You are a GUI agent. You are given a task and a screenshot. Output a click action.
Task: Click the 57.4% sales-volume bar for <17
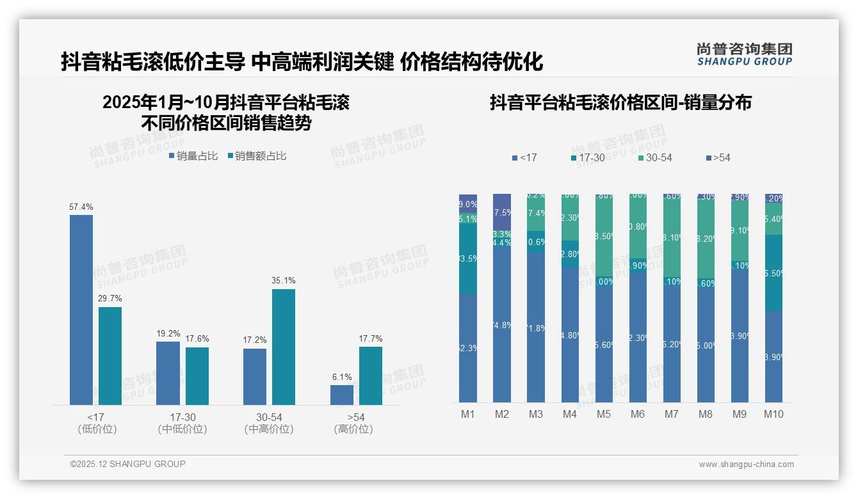pyautogui.click(x=81, y=310)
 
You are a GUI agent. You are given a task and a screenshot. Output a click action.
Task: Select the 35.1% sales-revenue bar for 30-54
pyautogui.click(x=284, y=347)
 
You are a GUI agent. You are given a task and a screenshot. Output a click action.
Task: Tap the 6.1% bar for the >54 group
pyautogui.click(x=342, y=395)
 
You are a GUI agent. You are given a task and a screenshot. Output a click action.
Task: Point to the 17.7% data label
pyautogui.click(x=370, y=338)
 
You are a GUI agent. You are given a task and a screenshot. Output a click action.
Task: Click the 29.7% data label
pyautogui.click(x=109, y=299)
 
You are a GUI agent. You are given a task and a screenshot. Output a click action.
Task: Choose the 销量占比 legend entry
pyautogui.click(x=193, y=156)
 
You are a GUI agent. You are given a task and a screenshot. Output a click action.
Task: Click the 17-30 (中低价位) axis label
pyautogui.click(x=182, y=423)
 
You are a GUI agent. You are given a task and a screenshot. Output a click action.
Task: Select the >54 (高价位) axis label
pyautogui.click(x=353, y=423)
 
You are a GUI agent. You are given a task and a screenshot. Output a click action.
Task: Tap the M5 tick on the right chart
pyautogui.click(x=604, y=414)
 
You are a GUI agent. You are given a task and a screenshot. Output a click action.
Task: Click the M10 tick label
pyautogui.click(x=773, y=414)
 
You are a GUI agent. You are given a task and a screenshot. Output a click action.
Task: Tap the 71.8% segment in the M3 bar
pyautogui.click(x=536, y=328)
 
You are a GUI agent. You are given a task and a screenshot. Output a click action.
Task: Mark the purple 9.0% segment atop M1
pyautogui.click(x=468, y=203)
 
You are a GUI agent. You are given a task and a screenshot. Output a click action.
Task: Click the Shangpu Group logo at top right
pyautogui.click(x=744, y=54)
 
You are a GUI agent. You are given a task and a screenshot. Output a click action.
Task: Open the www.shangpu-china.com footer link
pyautogui.click(x=746, y=464)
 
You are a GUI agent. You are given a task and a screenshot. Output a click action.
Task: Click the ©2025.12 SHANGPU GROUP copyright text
pyautogui.click(x=128, y=464)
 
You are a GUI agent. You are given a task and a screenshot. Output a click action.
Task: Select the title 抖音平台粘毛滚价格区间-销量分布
pyautogui.click(x=620, y=102)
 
